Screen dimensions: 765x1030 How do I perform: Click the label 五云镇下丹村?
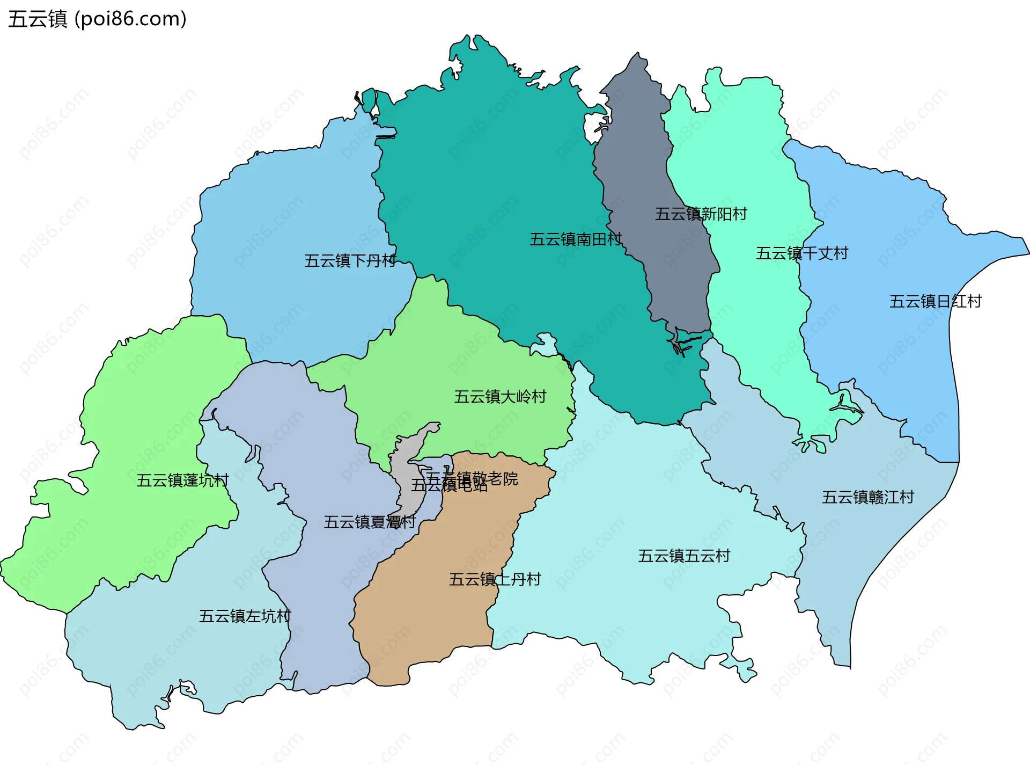click(350, 261)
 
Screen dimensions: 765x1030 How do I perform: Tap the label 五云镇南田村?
click(576, 239)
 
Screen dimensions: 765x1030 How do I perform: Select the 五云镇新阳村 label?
click(701, 214)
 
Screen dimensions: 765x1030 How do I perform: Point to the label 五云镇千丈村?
click(801, 253)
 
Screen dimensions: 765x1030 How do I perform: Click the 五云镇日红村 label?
click(935, 302)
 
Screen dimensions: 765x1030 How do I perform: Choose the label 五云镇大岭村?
click(500, 397)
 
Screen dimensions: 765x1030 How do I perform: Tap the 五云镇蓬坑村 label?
click(182, 480)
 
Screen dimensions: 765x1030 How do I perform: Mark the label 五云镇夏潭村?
click(370, 522)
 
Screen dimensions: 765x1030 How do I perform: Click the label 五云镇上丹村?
click(495, 580)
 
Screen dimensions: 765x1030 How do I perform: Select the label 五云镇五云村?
click(684, 556)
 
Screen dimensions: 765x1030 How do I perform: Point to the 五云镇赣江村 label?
click(867, 498)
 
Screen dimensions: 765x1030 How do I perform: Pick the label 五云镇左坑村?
click(245, 616)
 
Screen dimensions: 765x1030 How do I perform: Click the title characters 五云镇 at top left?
click(38, 19)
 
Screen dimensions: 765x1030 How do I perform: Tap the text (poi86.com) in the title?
click(130, 19)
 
